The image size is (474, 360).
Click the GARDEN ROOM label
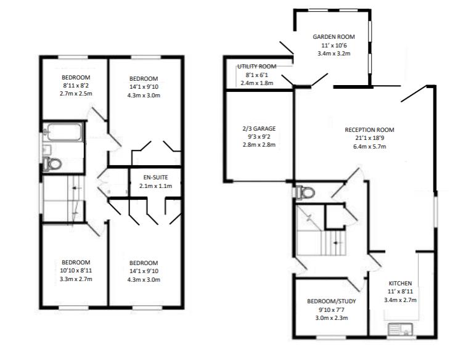coord(333,37)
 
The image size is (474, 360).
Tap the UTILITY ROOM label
coord(256,66)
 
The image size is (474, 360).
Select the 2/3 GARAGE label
coord(259,128)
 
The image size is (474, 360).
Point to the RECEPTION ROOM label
coord(369,130)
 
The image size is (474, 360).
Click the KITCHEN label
coord(400,283)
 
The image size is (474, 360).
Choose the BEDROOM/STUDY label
coord(332,301)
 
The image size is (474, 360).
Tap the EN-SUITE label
coord(155,178)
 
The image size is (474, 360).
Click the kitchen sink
coord(400,329)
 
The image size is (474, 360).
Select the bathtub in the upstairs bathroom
coord(64,132)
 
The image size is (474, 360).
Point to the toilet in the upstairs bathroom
coord(52,164)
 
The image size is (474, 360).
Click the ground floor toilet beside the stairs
coord(304,192)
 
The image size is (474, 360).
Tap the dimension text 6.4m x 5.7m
coord(369,147)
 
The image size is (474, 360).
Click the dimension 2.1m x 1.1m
coord(156,186)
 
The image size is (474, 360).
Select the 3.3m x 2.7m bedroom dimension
coord(76,279)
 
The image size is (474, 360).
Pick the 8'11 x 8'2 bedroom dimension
coord(76,86)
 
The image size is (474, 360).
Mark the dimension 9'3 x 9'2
coord(259,137)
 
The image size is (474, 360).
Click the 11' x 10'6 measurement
coord(333,46)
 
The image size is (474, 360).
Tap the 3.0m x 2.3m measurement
coord(332,318)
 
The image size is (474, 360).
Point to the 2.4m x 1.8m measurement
coord(257,83)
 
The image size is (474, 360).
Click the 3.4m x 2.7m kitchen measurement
coord(400,300)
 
